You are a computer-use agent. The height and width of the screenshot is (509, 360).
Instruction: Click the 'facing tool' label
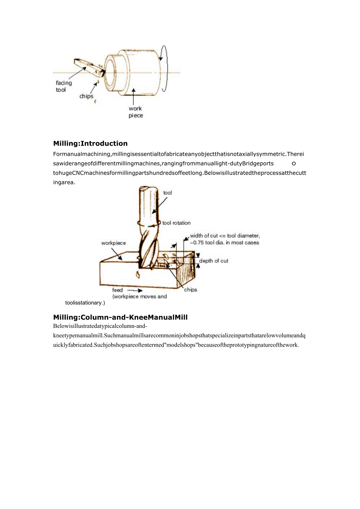click(x=63, y=86)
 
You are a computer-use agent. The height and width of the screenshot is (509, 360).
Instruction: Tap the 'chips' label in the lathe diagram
click(x=86, y=96)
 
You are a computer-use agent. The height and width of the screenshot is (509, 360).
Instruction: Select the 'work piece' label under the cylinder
click(x=135, y=112)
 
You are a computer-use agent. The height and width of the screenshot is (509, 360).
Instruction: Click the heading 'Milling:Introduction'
click(x=90, y=143)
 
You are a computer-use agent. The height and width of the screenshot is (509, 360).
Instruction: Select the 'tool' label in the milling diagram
click(x=167, y=192)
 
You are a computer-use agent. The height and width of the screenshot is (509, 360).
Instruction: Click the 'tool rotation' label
click(x=176, y=223)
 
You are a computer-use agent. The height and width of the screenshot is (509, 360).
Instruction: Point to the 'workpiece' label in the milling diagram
click(x=113, y=243)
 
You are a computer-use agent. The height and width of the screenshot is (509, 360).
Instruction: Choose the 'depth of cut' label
click(x=214, y=261)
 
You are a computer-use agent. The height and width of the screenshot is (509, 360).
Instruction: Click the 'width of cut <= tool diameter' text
click(x=225, y=236)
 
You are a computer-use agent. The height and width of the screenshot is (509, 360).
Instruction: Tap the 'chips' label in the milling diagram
click(x=191, y=290)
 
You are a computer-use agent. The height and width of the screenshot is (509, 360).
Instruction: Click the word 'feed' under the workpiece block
click(x=117, y=290)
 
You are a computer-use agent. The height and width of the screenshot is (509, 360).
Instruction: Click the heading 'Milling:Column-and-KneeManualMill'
click(x=120, y=317)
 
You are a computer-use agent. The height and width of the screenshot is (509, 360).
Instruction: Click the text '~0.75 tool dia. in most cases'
click(x=224, y=243)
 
